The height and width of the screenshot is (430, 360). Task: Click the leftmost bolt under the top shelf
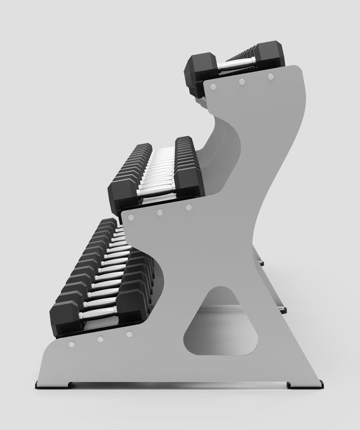pos(212,86)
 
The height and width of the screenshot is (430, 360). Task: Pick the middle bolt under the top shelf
pos(241,81)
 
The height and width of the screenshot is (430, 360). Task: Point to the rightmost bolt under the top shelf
pos(270,77)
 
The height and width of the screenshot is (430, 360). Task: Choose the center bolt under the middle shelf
pos(160,211)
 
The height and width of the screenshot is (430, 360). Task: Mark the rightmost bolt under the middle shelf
pos(188,207)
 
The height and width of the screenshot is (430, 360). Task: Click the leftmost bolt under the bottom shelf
pos(71,345)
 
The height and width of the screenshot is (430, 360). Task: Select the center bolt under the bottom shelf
pos(100,339)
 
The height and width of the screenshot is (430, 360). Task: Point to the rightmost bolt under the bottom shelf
pos(128,334)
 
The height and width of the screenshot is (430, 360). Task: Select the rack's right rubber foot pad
pos(305,385)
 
